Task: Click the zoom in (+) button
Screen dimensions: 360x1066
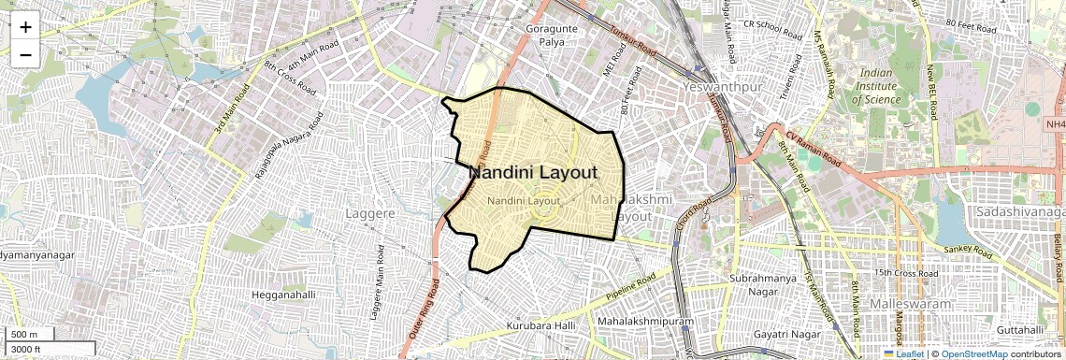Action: (25, 26)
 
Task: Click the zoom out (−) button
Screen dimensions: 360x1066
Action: (25, 54)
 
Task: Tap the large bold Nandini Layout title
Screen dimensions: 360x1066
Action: (532, 173)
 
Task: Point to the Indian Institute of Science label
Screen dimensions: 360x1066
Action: (876, 86)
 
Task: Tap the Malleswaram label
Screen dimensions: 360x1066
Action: (910, 305)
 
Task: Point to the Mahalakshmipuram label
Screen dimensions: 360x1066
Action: (648, 322)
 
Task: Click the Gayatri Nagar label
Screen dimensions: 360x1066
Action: (780, 334)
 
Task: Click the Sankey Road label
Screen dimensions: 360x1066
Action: (968, 251)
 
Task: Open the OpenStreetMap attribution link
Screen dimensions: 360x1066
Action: (973, 354)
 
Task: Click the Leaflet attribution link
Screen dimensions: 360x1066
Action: (909, 354)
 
